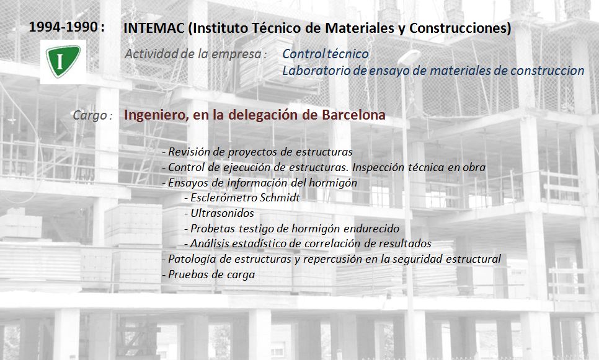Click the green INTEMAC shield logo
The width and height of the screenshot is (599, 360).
pos(63,61)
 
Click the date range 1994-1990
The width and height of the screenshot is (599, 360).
pos(63,27)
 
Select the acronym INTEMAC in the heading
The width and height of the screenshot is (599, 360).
pos(154,29)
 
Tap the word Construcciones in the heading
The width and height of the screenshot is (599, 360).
pos(459,29)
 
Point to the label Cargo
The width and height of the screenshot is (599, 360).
pos(90,115)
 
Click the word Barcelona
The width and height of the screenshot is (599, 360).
pos(353,115)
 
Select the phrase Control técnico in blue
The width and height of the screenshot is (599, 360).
pos(326,54)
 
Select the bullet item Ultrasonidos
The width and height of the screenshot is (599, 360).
pos(219,213)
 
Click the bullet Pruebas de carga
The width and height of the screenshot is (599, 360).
pos(208,274)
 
